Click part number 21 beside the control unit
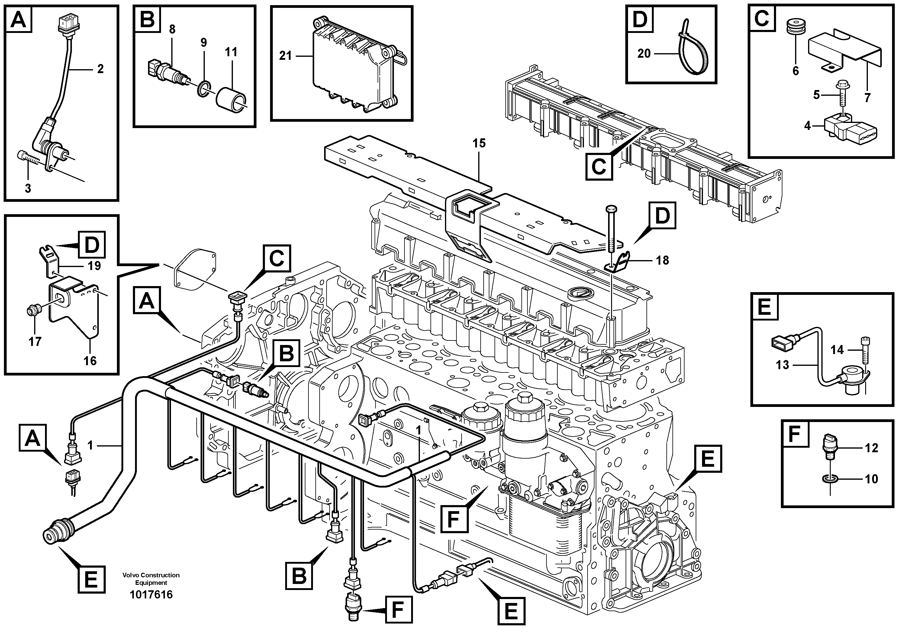(x=285, y=56)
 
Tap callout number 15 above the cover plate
(x=479, y=143)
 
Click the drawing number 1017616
(x=151, y=595)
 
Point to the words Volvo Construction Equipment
(x=151, y=579)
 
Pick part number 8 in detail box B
(x=172, y=29)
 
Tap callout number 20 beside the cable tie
(x=644, y=53)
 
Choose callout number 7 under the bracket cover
(x=867, y=98)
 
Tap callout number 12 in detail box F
(x=872, y=448)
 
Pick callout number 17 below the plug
(x=35, y=341)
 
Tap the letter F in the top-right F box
(x=794, y=434)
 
